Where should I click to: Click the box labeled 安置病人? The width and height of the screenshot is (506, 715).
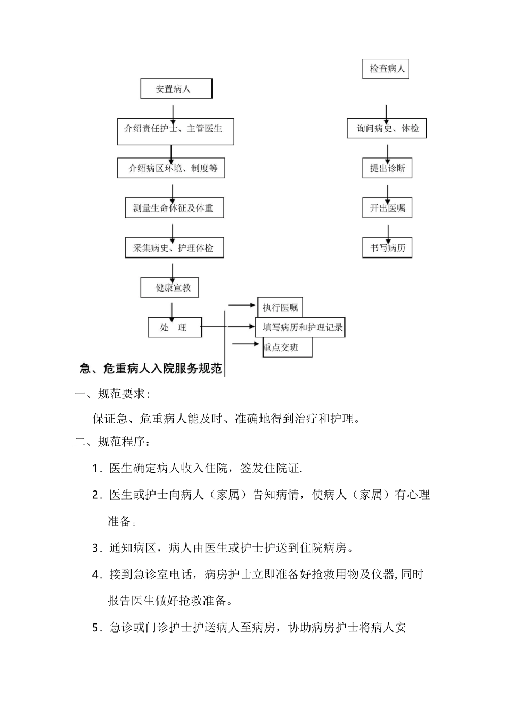[176, 89]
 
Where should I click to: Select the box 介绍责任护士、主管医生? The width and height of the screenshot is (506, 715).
[175, 131]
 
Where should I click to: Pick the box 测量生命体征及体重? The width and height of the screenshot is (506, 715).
[174, 208]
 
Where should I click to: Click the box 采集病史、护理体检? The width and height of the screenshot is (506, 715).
[174, 248]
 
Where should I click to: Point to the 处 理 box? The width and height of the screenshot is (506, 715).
[174, 327]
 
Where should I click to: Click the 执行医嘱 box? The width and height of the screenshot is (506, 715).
[280, 307]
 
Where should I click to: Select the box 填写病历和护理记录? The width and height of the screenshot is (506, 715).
[301, 327]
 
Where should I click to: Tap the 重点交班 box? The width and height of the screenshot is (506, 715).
[288, 347]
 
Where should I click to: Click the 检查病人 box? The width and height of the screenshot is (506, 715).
[386, 69]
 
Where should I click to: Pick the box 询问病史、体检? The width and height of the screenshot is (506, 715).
[387, 129]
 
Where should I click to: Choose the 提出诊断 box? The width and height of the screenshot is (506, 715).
[387, 169]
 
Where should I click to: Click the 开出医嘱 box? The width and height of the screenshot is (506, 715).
[387, 208]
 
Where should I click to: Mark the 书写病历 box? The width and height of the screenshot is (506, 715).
[387, 248]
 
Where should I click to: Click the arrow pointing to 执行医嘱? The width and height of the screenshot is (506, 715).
[242, 305]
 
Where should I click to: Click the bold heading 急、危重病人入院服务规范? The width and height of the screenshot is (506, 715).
[151, 369]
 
